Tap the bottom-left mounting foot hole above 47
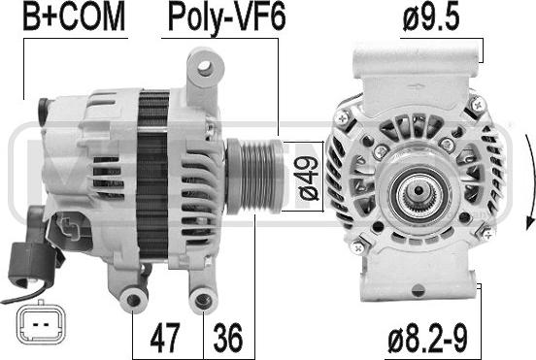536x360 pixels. [x=134, y=301]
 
